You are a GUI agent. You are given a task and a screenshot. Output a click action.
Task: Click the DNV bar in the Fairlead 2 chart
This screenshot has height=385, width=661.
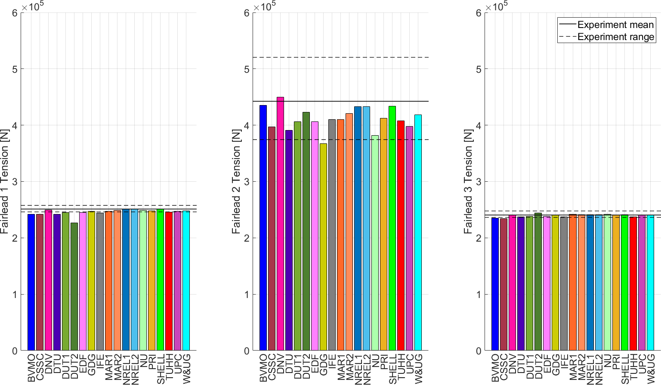[280, 224]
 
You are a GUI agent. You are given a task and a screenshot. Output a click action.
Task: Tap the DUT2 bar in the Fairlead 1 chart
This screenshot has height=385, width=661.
[74, 286]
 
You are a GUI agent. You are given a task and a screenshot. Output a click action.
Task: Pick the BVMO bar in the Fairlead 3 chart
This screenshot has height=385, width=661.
[495, 284]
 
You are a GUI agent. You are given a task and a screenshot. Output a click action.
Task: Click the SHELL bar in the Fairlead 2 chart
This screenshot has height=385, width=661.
[392, 228]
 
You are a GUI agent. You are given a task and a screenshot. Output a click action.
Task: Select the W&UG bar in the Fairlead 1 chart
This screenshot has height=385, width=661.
[186, 280]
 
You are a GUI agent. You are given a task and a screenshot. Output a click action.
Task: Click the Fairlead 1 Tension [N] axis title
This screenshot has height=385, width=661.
[5, 181]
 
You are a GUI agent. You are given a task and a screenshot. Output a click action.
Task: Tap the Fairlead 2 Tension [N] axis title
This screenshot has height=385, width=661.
[236, 181]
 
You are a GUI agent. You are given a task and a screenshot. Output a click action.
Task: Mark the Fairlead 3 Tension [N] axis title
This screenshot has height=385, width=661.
[468, 181]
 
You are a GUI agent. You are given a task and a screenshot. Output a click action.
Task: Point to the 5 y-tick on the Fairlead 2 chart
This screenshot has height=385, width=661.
[247, 69]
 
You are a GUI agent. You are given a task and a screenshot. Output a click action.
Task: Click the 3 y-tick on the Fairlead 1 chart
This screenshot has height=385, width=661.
[15, 182]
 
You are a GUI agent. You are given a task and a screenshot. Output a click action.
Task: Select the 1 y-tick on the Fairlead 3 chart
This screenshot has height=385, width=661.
[479, 295]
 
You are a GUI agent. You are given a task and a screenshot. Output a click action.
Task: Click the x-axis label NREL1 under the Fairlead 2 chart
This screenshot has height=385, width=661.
[358, 369]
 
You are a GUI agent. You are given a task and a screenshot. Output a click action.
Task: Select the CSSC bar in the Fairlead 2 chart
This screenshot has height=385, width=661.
[272, 239]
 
